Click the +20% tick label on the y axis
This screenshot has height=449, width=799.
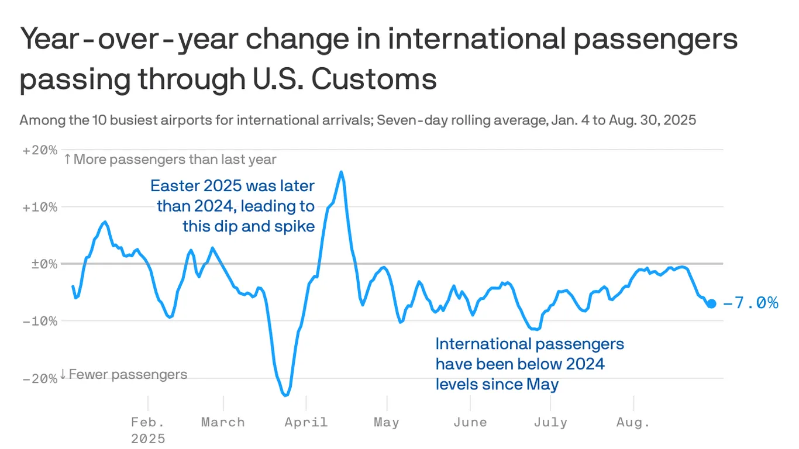(x=40, y=150)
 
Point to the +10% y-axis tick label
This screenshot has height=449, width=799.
(x=40, y=208)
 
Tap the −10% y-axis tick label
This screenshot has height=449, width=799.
(x=40, y=322)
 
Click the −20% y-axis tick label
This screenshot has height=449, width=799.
(x=40, y=379)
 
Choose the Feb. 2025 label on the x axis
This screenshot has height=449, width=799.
(x=148, y=430)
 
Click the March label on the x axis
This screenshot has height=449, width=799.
(x=223, y=422)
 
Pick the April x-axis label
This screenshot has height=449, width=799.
(x=306, y=422)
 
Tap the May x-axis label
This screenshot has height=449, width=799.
(x=386, y=422)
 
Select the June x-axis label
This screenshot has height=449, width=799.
(x=470, y=422)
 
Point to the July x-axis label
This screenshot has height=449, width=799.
(x=550, y=422)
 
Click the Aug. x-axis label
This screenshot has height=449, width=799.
(x=633, y=422)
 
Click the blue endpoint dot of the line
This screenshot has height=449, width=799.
(x=711, y=303)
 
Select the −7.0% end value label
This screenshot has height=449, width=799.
(x=751, y=303)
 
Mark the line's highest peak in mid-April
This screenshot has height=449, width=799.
(x=341, y=172)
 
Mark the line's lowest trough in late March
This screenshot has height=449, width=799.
(x=285, y=396)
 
